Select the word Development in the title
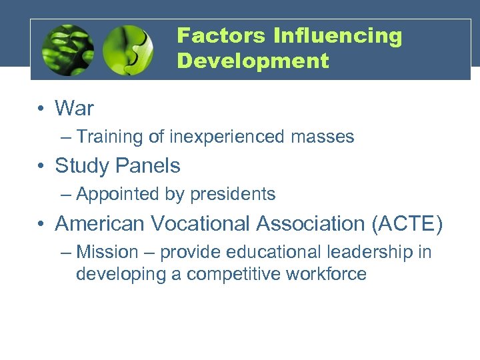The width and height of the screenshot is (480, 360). tap(253, 61)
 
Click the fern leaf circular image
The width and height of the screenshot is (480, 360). tap(67, 50)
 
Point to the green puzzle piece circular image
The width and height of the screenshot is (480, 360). tap(128, 50)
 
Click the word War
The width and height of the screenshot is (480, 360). tap(74, 108)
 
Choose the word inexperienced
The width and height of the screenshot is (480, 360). tap(227, 137)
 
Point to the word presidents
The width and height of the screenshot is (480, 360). tap(233, 195)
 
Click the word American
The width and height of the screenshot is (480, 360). tap(101, 223)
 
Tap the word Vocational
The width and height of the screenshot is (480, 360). tap(201, 223)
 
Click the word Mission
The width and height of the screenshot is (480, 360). tap(107, 253)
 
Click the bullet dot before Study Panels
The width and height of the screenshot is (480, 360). tap(41, 166)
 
